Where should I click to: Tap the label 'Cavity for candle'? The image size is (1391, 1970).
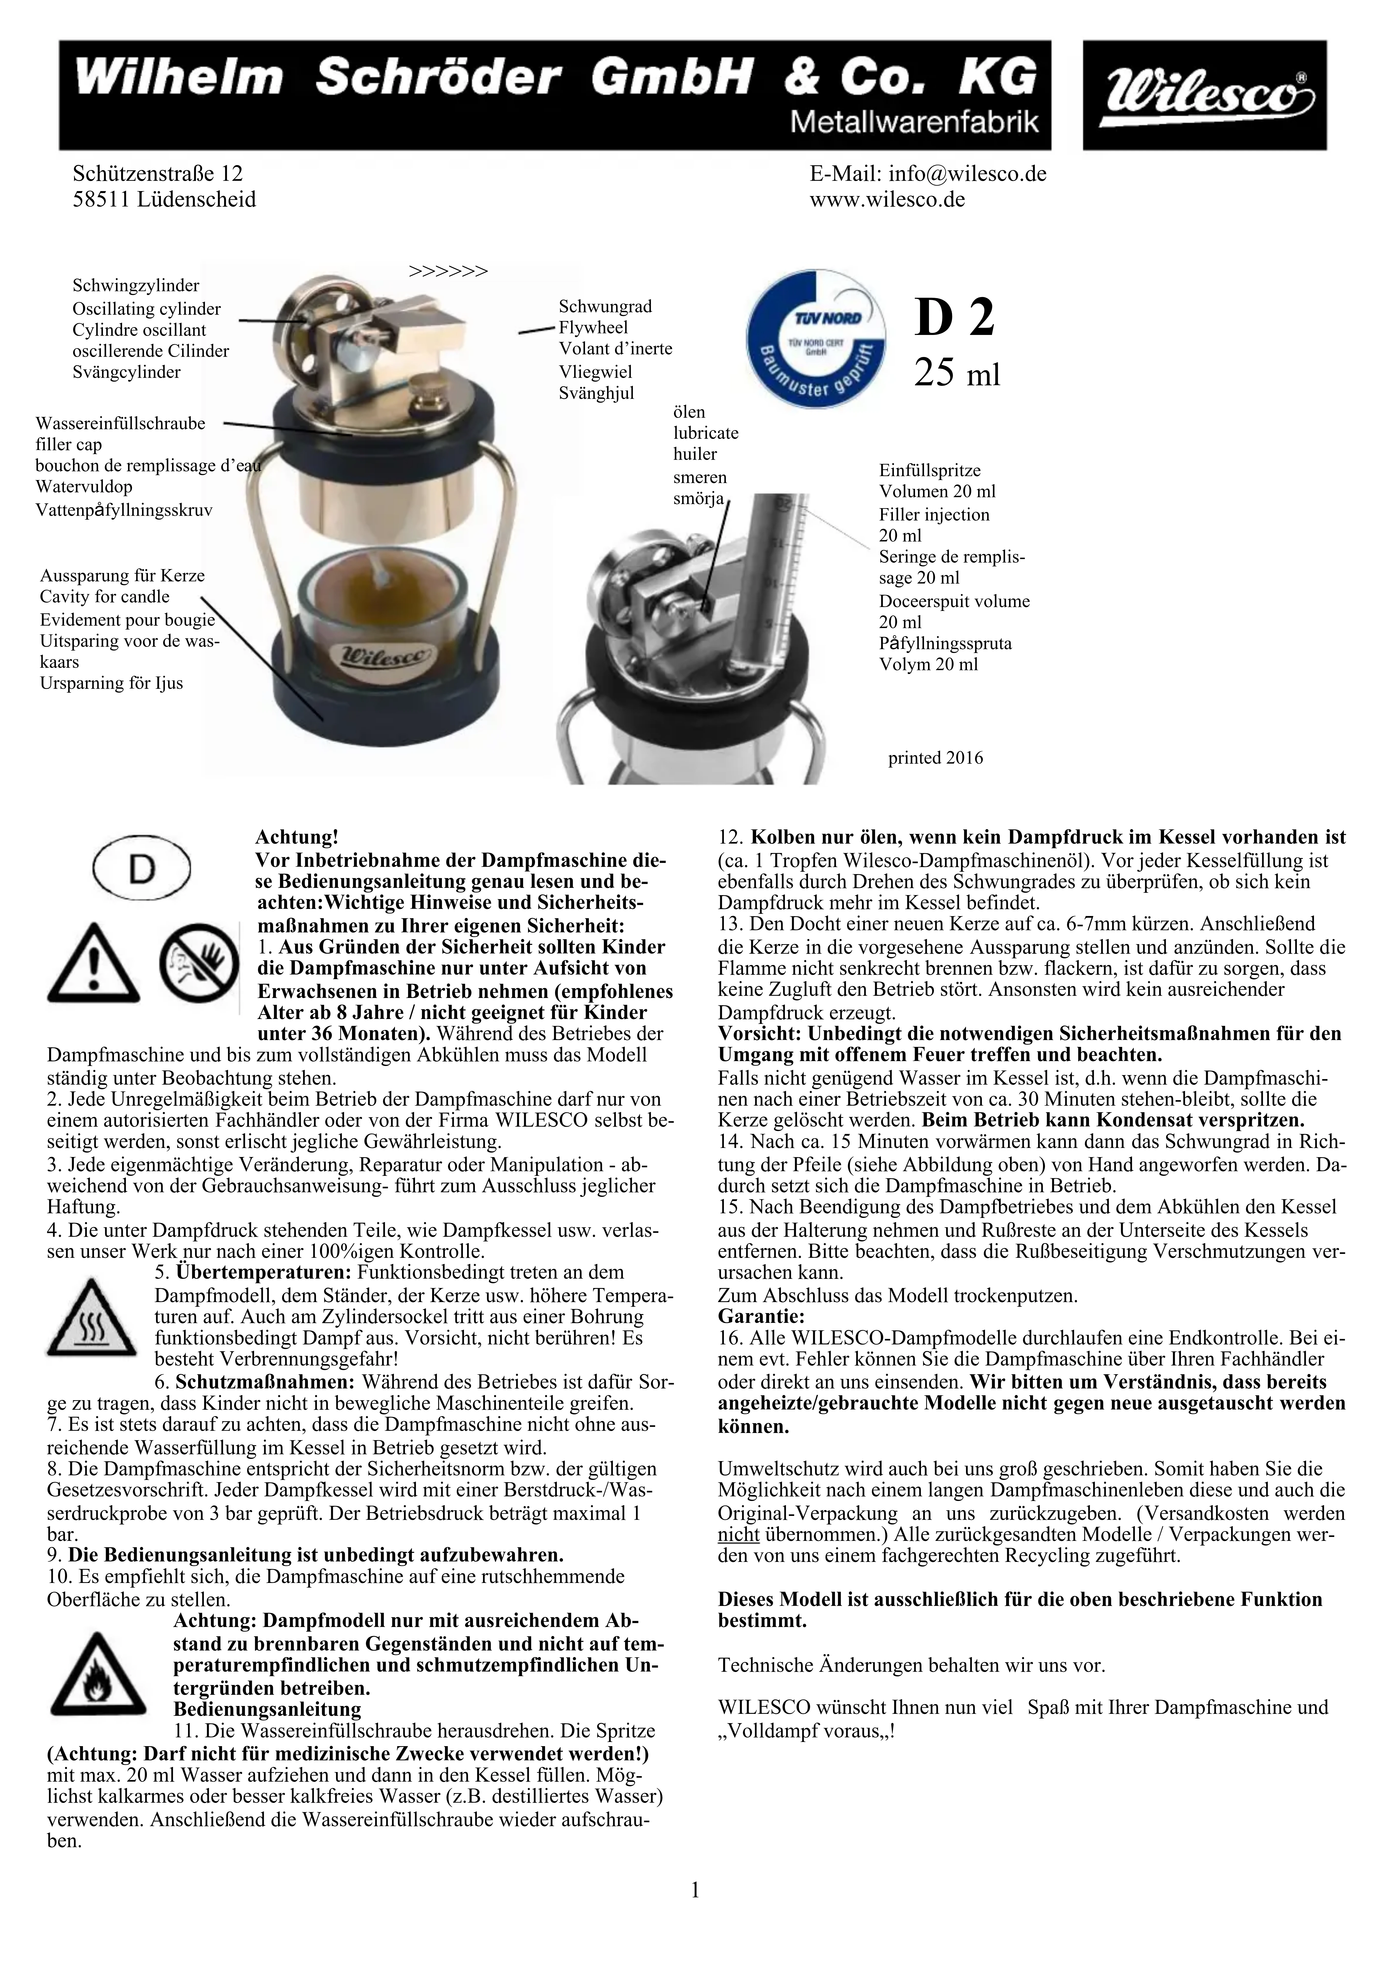coord(105,596)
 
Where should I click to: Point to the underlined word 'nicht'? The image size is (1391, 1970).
coord(738,1533)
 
